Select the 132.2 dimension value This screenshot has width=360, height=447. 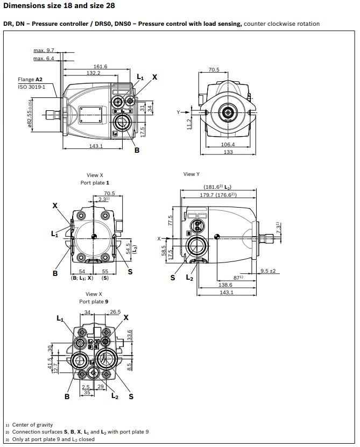point(93,73)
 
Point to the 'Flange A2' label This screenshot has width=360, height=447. point(30,80)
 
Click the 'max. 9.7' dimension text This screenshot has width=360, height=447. point(44,50)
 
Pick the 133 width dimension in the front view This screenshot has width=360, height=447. point(228,152)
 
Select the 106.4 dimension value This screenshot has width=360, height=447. point(228,144)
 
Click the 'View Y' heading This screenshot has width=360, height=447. point(192,174)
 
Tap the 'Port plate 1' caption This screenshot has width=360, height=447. point(95,183)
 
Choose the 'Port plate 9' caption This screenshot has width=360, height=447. point(95,302)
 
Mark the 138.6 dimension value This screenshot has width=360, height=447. point(225,285)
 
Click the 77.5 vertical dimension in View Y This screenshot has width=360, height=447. point(170,221)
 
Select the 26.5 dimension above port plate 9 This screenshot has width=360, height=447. point(115,311)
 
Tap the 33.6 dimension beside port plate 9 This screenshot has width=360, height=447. point(129,335)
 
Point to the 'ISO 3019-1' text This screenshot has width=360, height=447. point(32,87)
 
